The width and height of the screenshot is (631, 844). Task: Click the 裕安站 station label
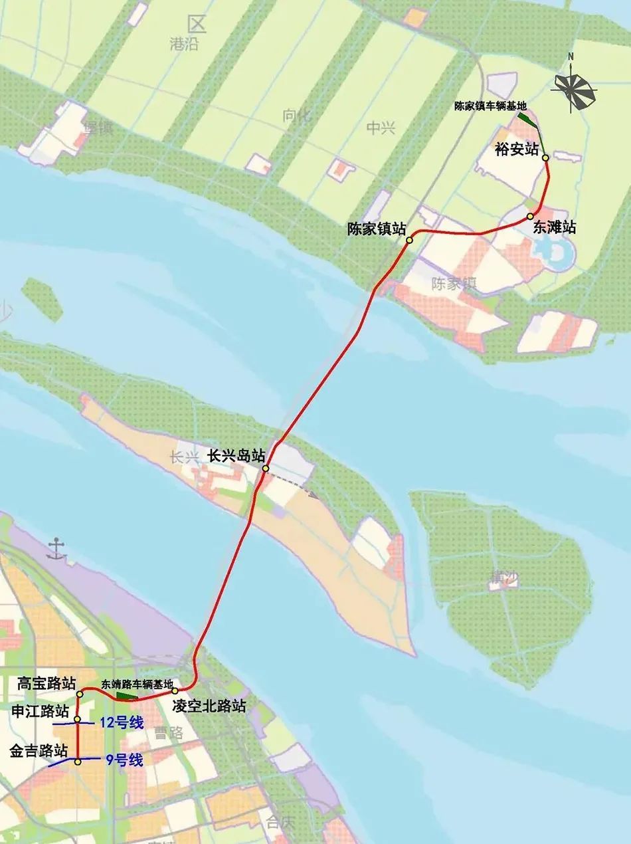click(x=517, y=150)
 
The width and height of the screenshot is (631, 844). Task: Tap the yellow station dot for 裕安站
click(x=545, y=158)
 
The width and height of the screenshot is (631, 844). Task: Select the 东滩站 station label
click(x=554, y=227)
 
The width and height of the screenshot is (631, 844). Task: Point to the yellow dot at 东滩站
click(x=531, y=217)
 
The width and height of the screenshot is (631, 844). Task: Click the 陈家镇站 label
click(x=377, y=229)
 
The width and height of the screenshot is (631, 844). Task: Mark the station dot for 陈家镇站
click(x=410, y=240)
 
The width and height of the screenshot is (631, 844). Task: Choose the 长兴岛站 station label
click(x=237, y=456)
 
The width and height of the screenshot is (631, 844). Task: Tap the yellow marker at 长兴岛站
click(x=265, y=469)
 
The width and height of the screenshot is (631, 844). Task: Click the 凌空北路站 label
click(x=209, y=706)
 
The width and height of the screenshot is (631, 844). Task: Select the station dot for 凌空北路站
click(x=176, y=691)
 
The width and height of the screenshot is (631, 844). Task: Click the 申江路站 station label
click(x=41, y=711)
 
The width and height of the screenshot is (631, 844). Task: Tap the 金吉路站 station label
click(x=39, y=751)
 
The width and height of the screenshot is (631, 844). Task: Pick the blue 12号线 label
click(x=121, y=723)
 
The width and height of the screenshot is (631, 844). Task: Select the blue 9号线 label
click(x=124, y=760)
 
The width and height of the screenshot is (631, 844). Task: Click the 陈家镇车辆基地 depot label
click(x=491, y=106)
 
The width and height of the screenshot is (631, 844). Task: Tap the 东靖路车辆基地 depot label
click(x=137, y=683)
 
